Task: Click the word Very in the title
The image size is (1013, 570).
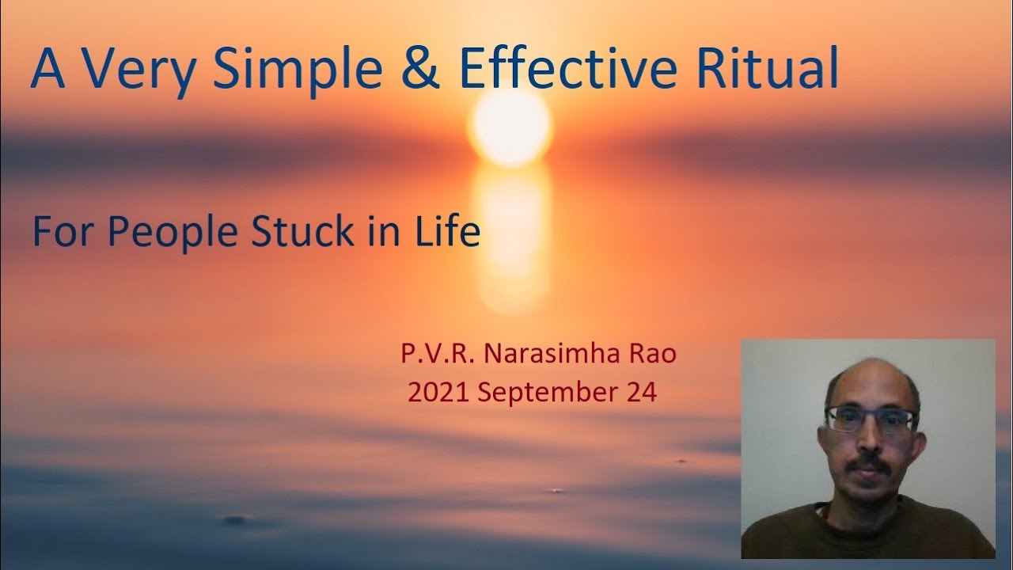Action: [x=138, y=70]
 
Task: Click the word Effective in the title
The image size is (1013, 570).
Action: [x=568, y=70]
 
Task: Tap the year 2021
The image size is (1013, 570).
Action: [x=438, y=392]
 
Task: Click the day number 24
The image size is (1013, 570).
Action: [x=641, y=392]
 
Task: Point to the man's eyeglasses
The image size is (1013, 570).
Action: [x=870, y=419]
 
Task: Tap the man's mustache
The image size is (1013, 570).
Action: [x=870, y=462]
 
